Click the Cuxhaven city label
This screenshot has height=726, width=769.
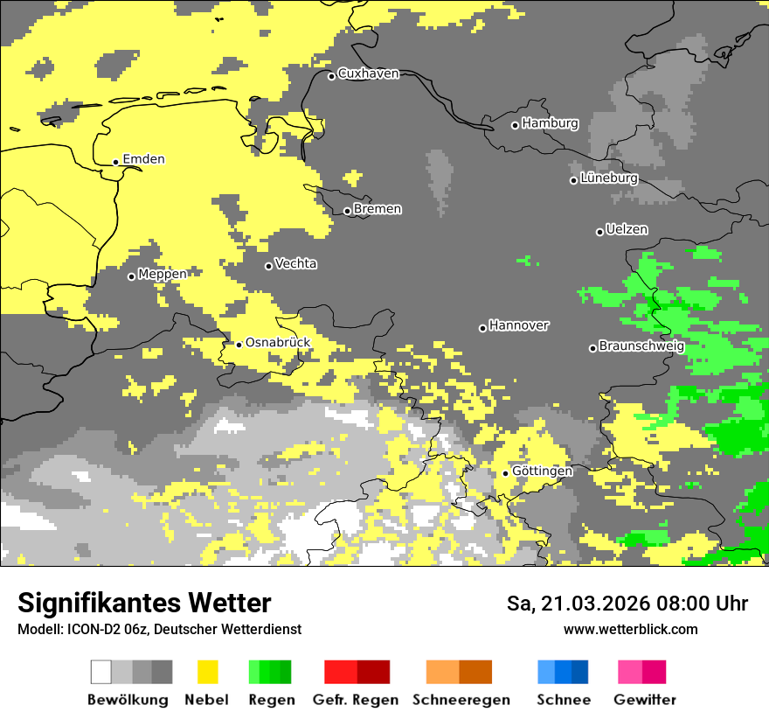tap(368, 73)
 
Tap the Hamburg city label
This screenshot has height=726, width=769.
tap(550, 123)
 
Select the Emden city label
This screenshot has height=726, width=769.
tap(143, 159)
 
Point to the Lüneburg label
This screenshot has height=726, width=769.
tap(608, 178)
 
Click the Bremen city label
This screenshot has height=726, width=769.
tap(378, 209)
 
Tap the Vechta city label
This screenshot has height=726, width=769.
tap(295, 264)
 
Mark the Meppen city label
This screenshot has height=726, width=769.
tap(162, 275)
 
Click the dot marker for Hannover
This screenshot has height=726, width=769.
tap(482, 328)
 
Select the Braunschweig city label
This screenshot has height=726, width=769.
tap(641, 346)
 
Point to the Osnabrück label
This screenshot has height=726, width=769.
tap(278, 343)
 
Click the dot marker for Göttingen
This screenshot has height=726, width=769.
tap(505, 473)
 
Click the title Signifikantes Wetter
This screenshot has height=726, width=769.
tap(144, 604)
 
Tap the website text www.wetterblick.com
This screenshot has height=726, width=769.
tap(630, 630)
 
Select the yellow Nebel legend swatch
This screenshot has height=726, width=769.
tap(207, 672)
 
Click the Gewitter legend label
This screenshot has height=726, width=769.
tap(644, 700)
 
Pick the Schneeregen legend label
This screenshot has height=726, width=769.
tap(461, 700)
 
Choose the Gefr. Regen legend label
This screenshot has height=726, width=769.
tap(356, 700)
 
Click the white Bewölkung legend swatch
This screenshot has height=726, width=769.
tap(101, 672)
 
